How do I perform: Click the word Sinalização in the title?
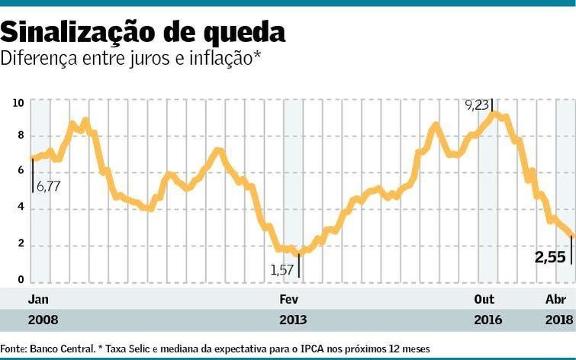pyautogui.click(x=76, y=31)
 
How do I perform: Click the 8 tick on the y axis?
pyautogui.click(x=21, y=136)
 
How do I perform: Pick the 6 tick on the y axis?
pyautogui.click(x=21, y=172)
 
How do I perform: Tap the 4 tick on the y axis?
pyautogui.click(x=21, y=207)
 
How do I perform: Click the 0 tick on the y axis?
pyautogui.click(x=21, y=279)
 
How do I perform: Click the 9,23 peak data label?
pyautogui.click(x=477, y=105)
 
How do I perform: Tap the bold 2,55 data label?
pyautogui.click(x=550, y=258)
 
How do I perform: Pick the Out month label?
pyautogui.click(x=484, y=299)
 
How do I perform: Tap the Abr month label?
pyautogui.click(x=555, y=299)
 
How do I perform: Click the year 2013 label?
pyautogui.click(x=294, y=320)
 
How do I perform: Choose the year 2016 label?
pyautogui.click(x=488, y=320)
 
